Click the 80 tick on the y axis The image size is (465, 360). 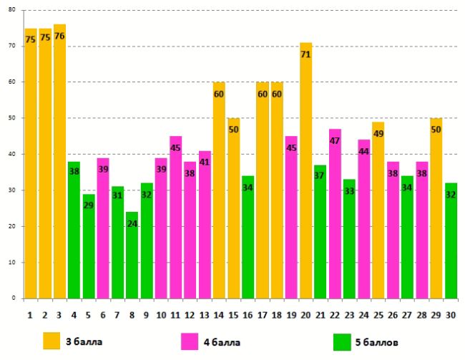point(11,10)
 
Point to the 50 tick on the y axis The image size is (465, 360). point(11,118)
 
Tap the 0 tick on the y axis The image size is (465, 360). point(14,298)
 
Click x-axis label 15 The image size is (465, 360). point(233,314)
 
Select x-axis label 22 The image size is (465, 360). point(335,314)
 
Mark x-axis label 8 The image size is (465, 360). point(132,314)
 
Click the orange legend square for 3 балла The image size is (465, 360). point(52,341)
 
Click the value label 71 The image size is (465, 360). point(306,54)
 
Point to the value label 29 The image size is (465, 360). point(89,205)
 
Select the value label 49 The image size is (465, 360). point(378,133)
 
